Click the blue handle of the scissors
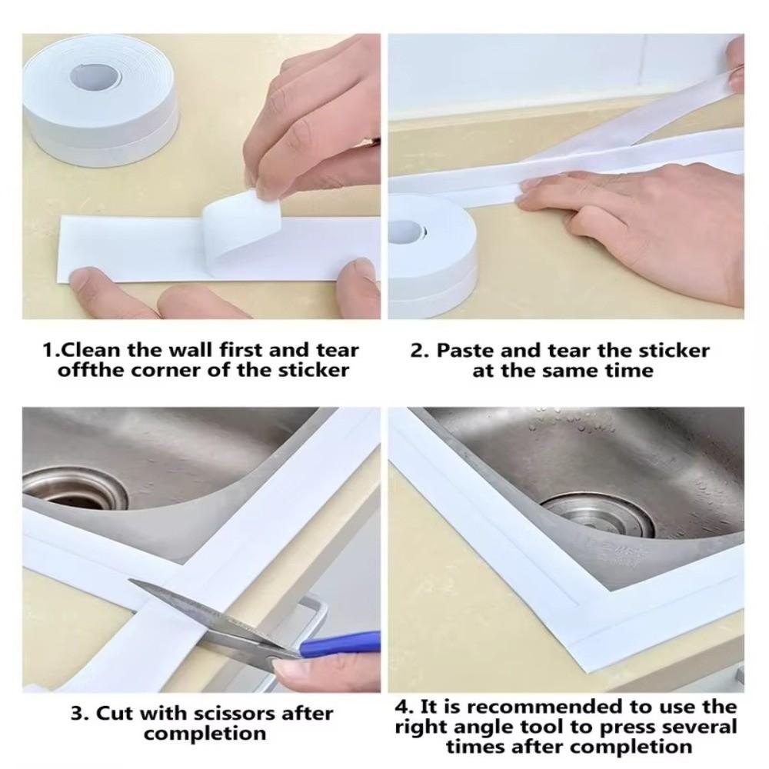(x=342, y=644)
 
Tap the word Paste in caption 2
(x=462, y=351)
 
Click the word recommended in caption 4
(x=532, y=706)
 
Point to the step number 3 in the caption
(x=77, y=713)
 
